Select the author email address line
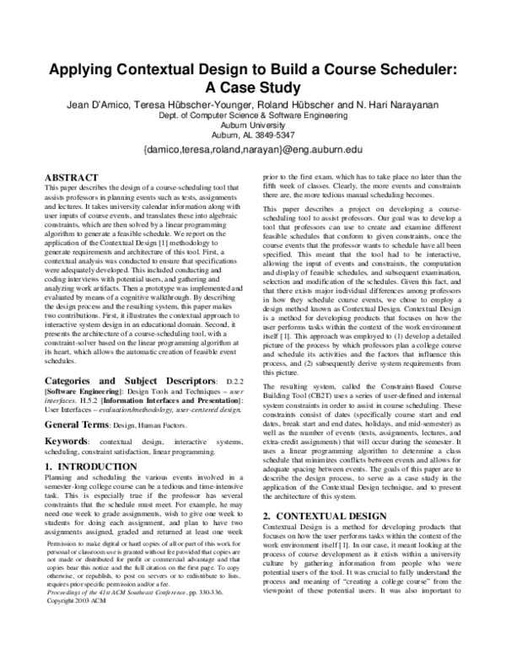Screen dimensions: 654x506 (253, 149)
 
